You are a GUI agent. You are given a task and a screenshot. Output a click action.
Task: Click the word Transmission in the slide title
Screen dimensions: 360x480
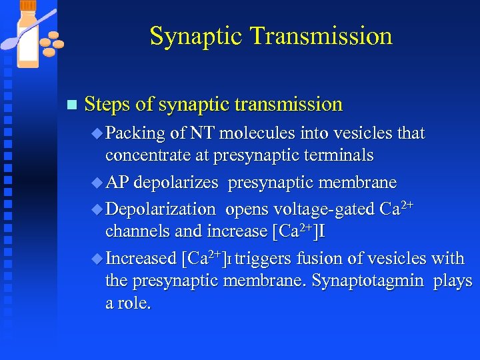tap(324, 36)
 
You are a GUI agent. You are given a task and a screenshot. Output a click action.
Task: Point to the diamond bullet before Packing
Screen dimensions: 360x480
tap(97, 133)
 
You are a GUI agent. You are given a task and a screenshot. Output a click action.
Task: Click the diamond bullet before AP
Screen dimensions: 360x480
tap(97, 183)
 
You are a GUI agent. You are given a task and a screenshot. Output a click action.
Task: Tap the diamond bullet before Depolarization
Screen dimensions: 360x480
tap(97, 209)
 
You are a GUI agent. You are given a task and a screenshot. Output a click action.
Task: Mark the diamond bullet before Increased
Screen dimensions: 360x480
tap(97, 259)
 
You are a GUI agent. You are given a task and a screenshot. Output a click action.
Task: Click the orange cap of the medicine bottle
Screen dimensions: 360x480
tap(29, 5)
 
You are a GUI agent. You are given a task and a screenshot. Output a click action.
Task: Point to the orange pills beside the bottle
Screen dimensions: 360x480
tap(52, 43)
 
